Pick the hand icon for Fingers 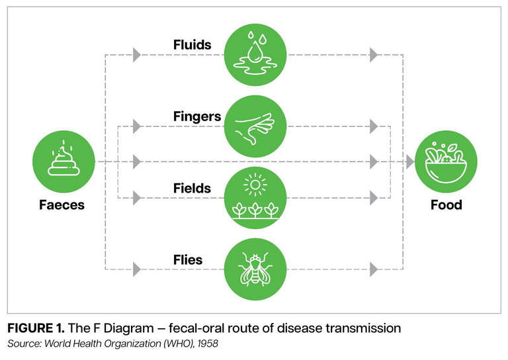[255, 126]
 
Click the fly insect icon [255, 269]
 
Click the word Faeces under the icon [61, 204]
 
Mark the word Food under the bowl [446, 204]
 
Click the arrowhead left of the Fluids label [137, 55]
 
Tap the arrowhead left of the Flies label [137, 269]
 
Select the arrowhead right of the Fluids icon [374, 55]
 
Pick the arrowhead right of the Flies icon [374, 269]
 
